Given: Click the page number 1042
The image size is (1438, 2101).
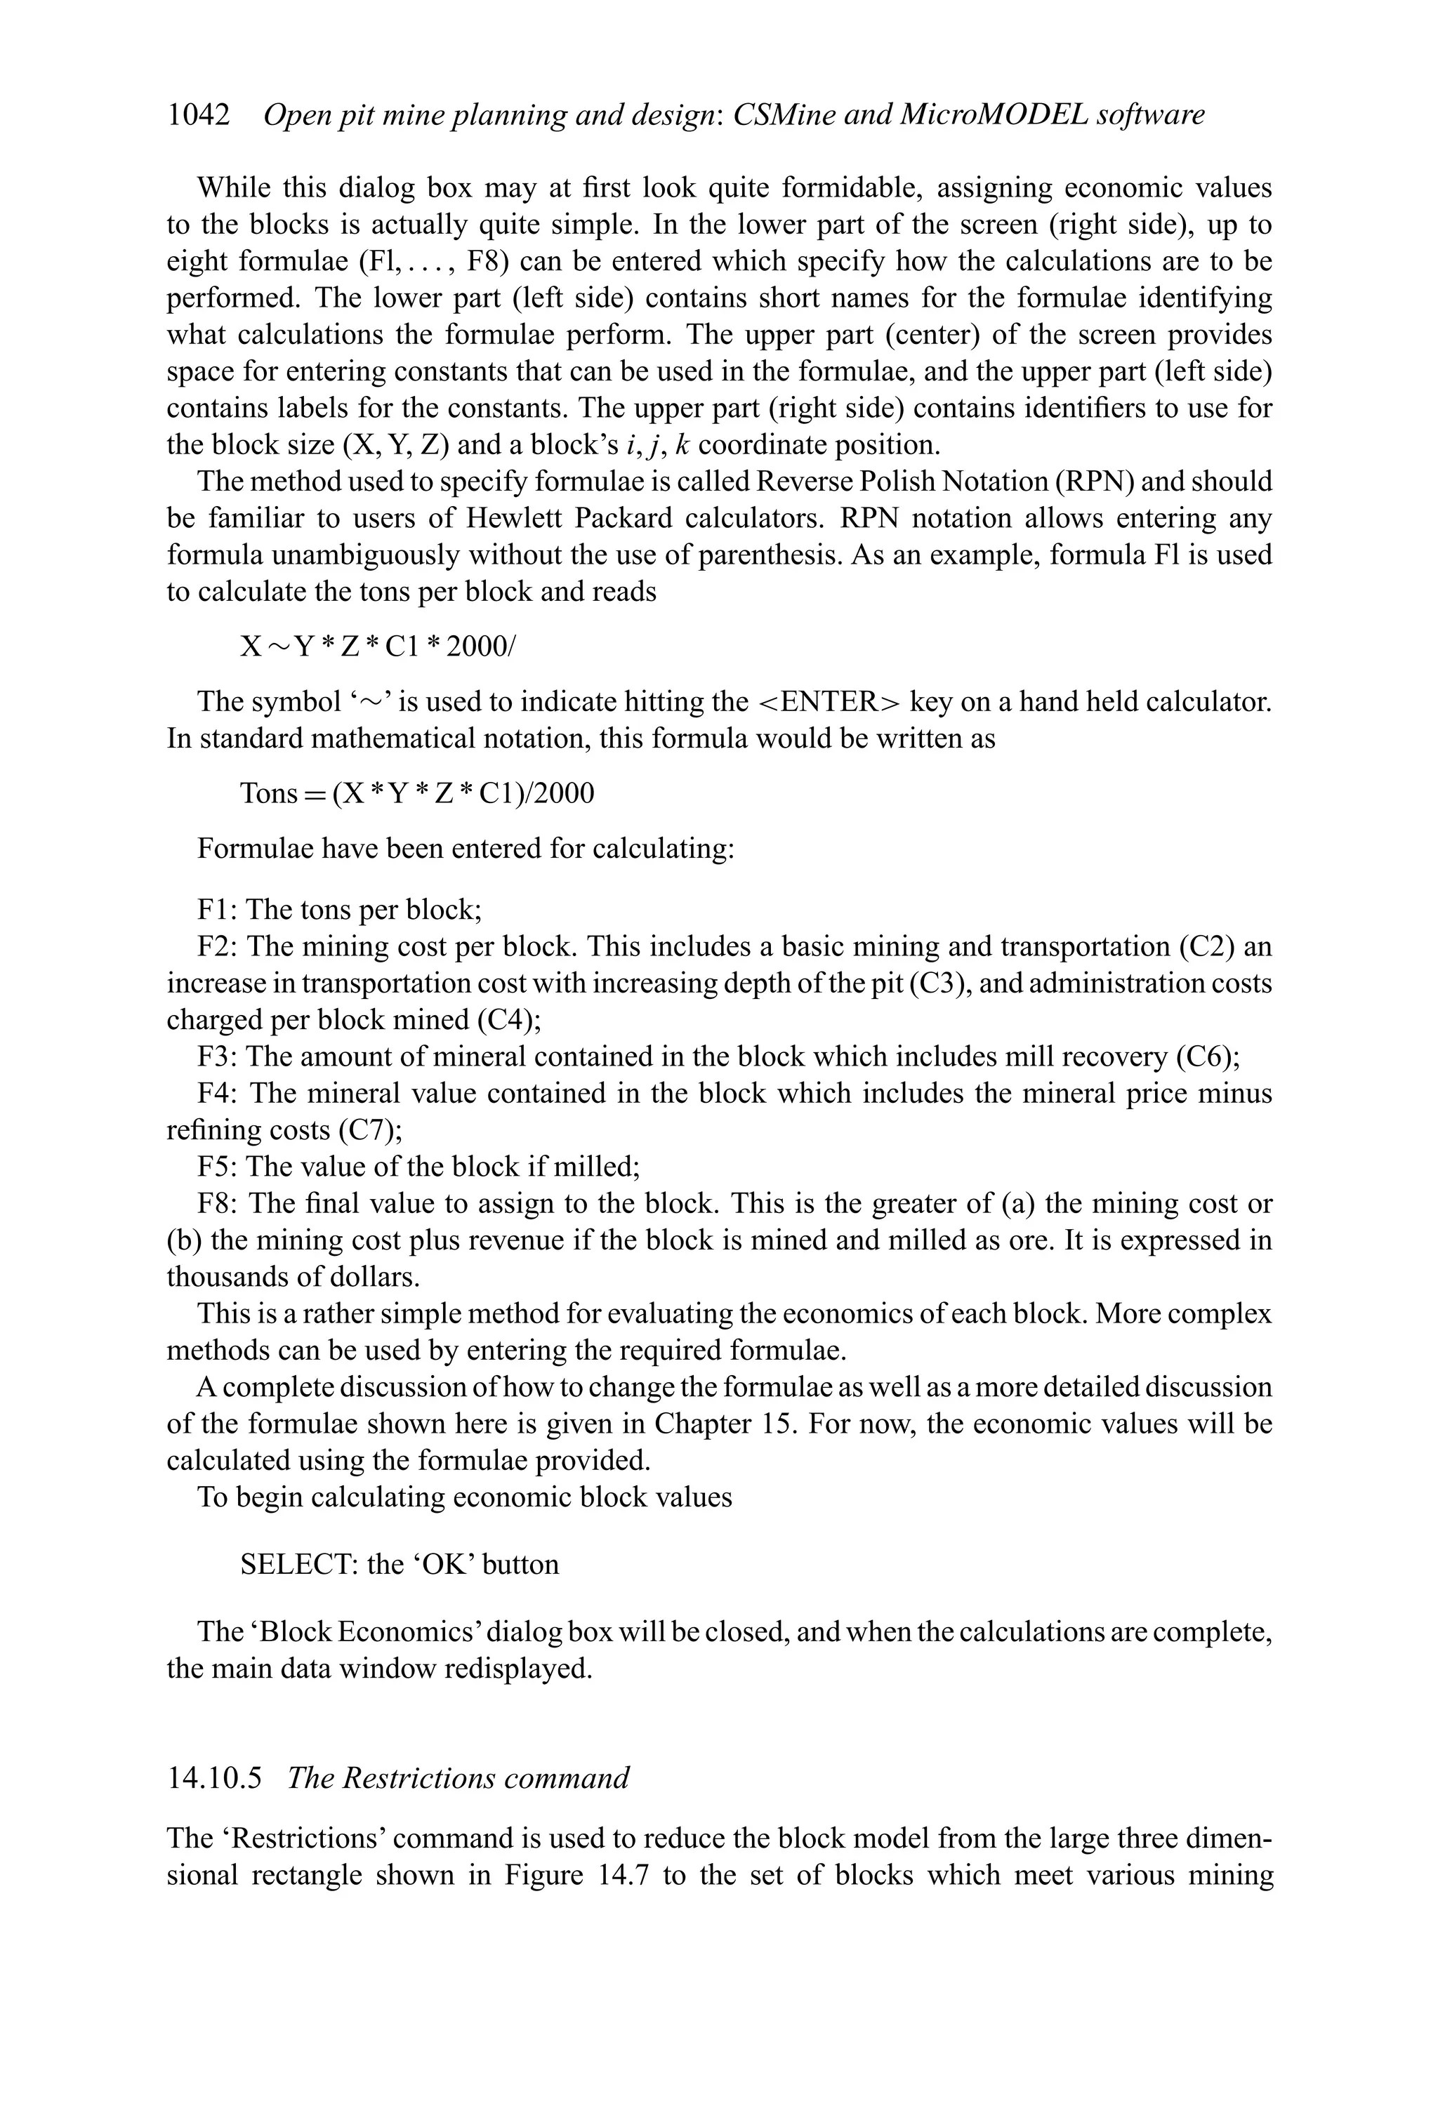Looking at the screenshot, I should (198, 115).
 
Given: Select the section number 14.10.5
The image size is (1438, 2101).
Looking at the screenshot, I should (214, 1779).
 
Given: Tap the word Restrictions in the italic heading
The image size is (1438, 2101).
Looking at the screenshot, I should (409, 1779).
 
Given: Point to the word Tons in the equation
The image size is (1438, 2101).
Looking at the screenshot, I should (269, 794).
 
